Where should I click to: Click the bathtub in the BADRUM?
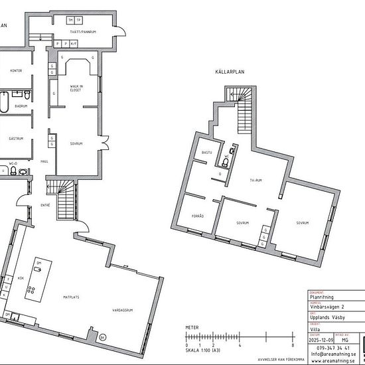pos(4,106)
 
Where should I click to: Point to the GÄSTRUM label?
pos(17,139)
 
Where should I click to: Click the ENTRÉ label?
pos(46,206)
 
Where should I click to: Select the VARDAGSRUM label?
pos(123,310)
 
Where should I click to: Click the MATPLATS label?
pos(71,297)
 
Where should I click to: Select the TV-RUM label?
pos(257,180)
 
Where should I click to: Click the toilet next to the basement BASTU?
pos(226,162)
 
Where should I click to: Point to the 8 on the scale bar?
pos(292,346)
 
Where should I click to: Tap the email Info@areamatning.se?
pos(332,354)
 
